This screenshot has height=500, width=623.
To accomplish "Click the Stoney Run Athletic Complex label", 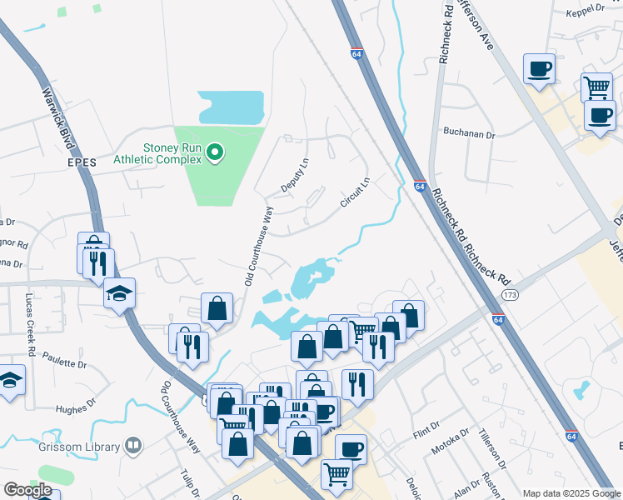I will click(x=173, y=153).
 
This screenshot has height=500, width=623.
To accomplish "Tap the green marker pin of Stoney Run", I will click(x=215, y=152).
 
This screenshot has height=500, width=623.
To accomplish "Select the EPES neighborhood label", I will click(x=83, y=163).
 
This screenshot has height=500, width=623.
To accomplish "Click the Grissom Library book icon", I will click(x=132, y=447).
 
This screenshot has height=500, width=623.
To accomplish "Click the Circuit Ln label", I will click(x=354, y=193).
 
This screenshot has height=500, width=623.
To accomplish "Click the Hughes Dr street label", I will click(x=76, y=409).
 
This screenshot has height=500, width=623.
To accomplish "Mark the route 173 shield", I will click(x=510, y=295).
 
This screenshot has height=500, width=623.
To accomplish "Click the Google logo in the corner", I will click(x=28, y=490).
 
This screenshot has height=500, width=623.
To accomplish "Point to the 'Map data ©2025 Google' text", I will click(x=571, y=493).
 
